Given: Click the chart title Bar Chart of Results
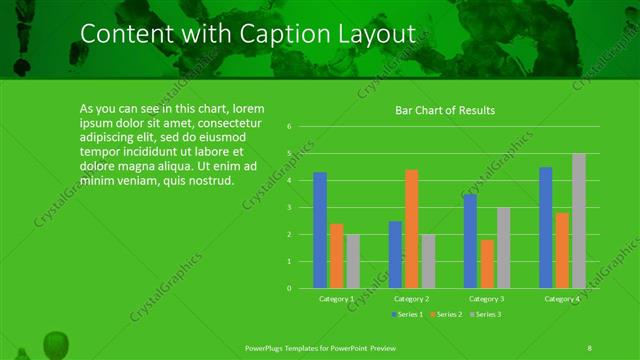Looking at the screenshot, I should point(445,110).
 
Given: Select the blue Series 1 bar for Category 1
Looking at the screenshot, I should point(320,230).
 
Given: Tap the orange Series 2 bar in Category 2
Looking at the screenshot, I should point(412,229).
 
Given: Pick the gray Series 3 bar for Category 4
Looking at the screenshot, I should point(578,221).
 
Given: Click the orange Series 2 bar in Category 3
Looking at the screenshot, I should point(487,264).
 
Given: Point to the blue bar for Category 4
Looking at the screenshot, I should point(545,228).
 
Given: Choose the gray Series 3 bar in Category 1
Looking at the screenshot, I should point(353,261).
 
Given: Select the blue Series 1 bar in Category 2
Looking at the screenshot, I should point(395,255).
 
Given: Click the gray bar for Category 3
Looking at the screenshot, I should point(503,248).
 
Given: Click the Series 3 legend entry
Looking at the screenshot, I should point(485,315).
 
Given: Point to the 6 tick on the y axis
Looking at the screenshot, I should point(288,127).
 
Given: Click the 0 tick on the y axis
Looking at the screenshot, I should point(288,288).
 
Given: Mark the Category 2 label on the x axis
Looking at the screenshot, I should point(411,299).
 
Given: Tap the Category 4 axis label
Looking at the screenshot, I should point(561,299).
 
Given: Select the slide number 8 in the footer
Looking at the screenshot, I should point(589,347).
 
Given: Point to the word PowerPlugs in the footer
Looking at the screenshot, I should point(268,347).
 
